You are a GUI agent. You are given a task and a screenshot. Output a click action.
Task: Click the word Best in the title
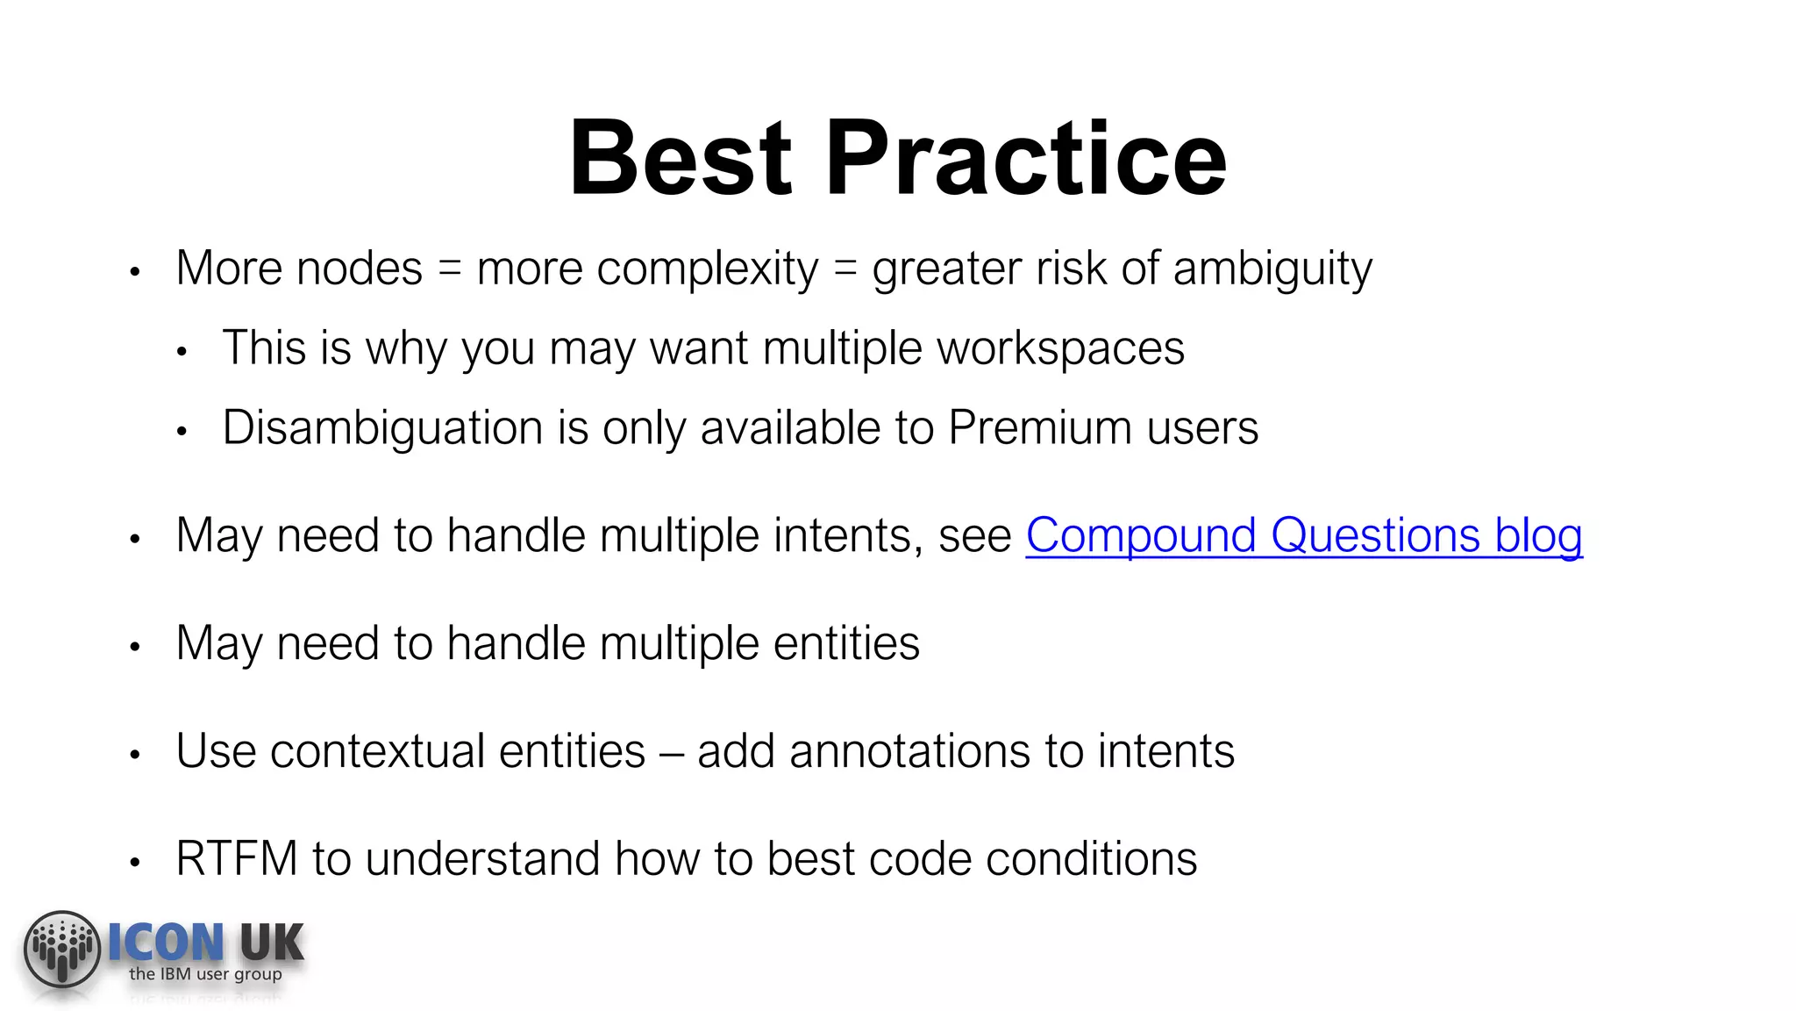click(681, 159)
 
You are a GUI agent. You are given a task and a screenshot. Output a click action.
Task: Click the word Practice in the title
click(1025, 159)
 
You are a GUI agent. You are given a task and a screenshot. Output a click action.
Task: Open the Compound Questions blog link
click(1304, 535)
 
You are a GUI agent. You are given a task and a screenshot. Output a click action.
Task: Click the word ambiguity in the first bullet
click(1272, 269)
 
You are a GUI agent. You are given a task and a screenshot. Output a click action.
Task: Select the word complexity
click(707, 269)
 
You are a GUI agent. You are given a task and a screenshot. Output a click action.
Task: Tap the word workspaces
click(1060, 348)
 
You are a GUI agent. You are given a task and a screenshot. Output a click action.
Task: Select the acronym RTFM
click(237, 858)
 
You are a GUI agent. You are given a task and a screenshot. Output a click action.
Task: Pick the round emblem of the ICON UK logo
click(62, 949)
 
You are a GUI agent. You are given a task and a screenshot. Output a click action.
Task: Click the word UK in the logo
click(272, 943)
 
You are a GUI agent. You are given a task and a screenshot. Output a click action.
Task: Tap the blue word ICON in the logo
click(166, 943)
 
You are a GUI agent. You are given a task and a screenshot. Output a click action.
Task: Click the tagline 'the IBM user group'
click(205, 974)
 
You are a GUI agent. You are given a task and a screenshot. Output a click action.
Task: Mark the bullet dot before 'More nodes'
click(135, 272)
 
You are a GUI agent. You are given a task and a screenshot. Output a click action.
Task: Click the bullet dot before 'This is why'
click(182, 352)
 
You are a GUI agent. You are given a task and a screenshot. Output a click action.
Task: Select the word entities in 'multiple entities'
click(846, 643)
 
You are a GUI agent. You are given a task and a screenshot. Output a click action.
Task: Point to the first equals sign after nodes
click(449, 269)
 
